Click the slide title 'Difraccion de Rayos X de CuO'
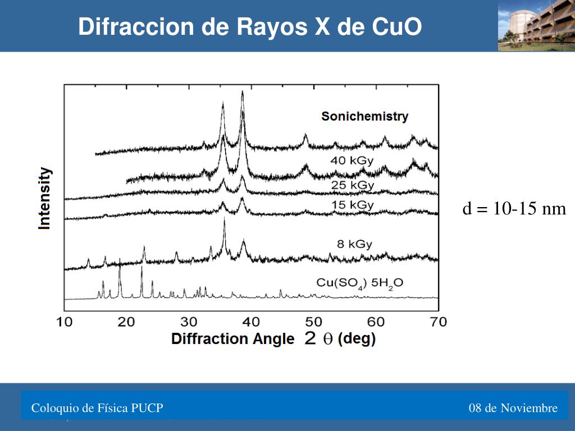(250, 26)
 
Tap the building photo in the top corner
(536, 25)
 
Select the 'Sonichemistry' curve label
(364, 117)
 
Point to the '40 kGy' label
(352, 161)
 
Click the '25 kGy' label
(353, 185)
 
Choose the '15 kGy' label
(352, 205)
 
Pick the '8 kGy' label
(354, 244)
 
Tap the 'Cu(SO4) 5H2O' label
(360, 283)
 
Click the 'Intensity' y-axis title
(44, 198)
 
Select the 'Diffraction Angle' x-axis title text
(232, 339)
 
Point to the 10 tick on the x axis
(64, 322)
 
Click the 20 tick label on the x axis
(127, 322)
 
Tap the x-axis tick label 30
(189, 322)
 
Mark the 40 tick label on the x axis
(252, 322)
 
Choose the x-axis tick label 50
(314, 322)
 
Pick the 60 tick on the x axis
(376, 322)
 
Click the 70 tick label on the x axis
(438, 322)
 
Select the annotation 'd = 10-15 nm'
(514, 209)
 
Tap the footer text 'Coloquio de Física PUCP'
(97, 408)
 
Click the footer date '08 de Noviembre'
(513, 408)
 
